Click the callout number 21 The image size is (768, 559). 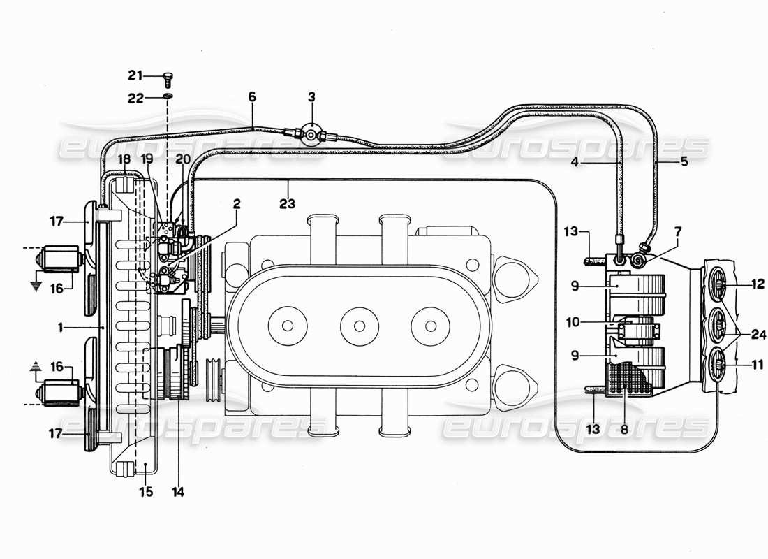click(x=134, y=75)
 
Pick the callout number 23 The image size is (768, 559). click(x=288, y=204)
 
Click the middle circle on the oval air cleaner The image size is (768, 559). click(x=360, y=326)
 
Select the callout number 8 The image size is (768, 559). click(x=624, y=430)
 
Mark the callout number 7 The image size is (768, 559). click(x=679, y=231)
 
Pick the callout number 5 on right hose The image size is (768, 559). click(x=684, y=161)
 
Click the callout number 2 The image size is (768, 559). click(x=237, y=204)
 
